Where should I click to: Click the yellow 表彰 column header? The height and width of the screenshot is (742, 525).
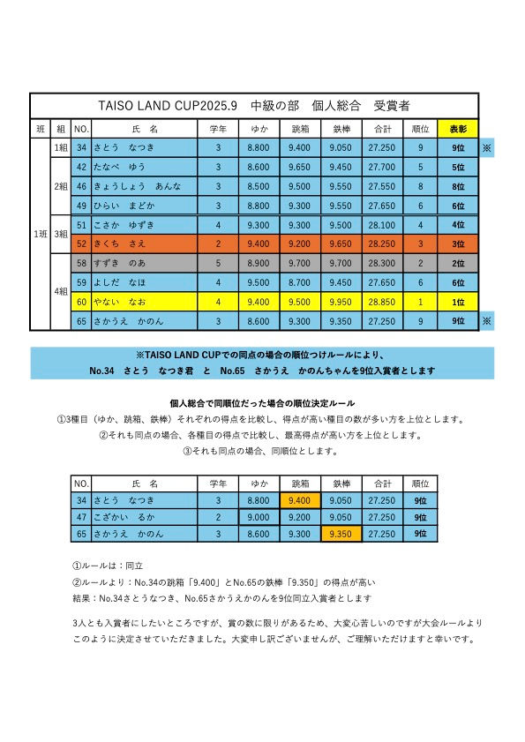tap(458, 129)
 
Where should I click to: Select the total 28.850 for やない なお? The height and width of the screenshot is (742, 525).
tap(382, 302)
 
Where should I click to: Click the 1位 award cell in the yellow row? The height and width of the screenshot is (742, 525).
tap(458, 302)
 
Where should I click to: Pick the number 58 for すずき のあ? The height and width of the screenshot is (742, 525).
tap(81, 263)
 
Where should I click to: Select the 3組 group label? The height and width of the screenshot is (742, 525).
tap(62, 234)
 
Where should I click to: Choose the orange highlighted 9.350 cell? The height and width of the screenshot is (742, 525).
tap(340, 535)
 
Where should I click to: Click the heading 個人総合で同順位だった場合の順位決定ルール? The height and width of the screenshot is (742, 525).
tap(262, 403)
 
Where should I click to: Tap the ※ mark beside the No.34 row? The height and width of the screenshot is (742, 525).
tap(486, 148)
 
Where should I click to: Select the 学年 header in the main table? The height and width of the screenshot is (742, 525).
tap(218, 129)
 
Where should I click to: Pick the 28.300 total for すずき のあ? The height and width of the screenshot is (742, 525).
tap(382, 263)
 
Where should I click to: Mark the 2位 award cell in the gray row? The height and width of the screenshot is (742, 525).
tap(458, 263)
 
